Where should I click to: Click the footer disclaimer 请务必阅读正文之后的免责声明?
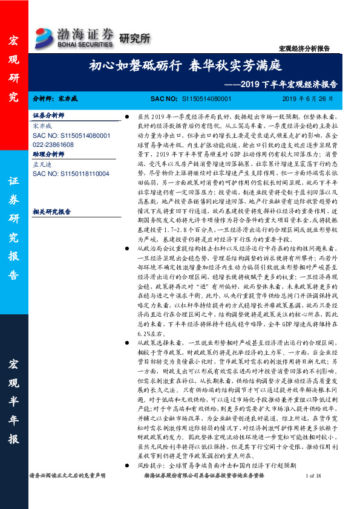[67, 493]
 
